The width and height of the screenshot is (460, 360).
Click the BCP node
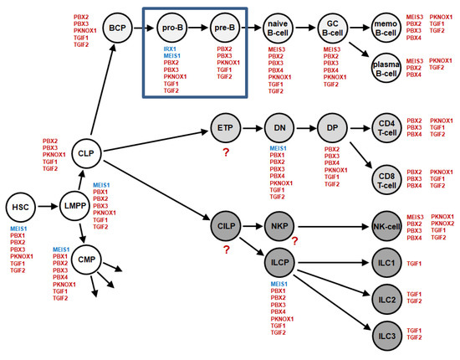click(114, 28)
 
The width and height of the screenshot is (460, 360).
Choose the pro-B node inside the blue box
click(172, 28)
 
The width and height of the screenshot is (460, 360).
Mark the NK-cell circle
click(386, 226)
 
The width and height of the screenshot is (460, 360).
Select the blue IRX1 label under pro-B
click(171, 49)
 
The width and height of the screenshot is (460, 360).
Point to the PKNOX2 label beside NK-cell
click(443, 224)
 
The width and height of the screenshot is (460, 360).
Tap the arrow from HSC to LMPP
click(47, 206)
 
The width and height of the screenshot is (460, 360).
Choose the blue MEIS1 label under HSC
click(19, 229)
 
